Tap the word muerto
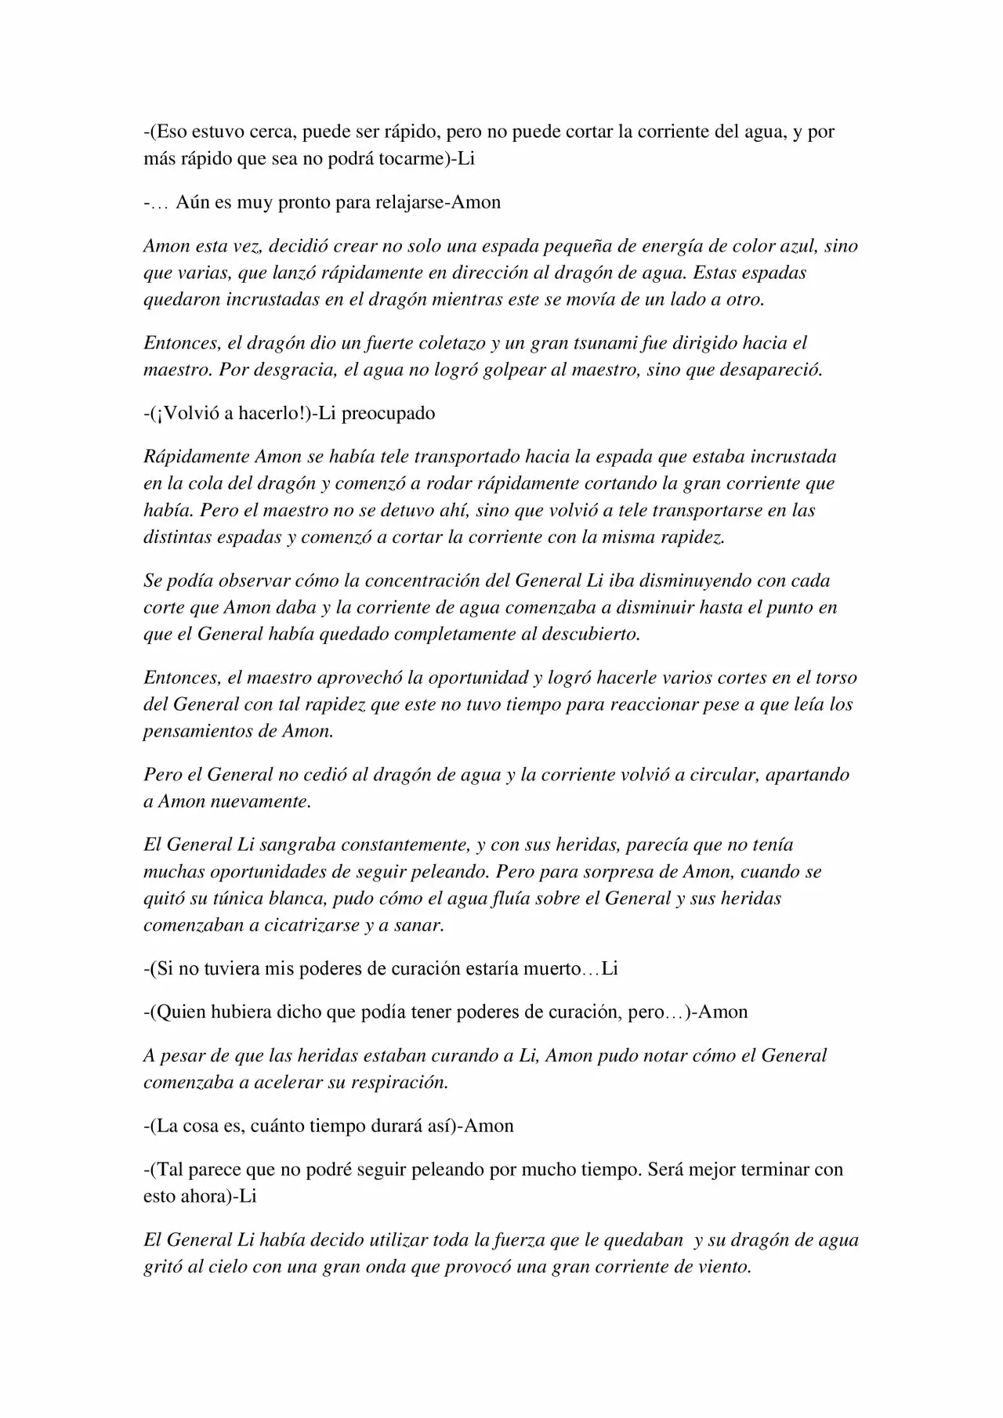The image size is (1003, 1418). point(552,968)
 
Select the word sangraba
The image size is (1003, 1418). point(277,845)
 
